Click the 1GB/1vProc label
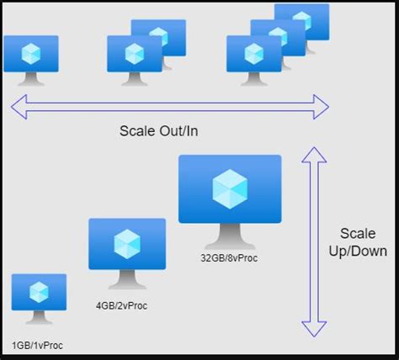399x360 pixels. click(37, 345)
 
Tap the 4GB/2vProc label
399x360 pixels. click(121, 305)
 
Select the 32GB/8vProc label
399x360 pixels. click(230, 257)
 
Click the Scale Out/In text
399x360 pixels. click(159, 132)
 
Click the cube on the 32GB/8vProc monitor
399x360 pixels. click(230, 188)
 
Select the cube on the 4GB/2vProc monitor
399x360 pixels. click(126, 244)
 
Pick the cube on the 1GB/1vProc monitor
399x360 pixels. click(39, 292)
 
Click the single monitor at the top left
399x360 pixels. click(31, 54)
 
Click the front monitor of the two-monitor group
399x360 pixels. click(134, 54)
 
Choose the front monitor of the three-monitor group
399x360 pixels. click(253, 54)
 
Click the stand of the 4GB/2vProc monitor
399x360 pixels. click(126, 278)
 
